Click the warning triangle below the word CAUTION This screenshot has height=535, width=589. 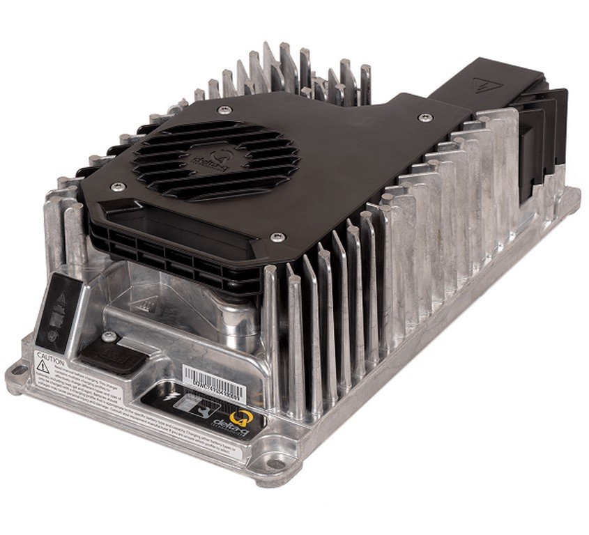click(43, 368)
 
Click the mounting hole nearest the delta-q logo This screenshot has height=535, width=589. click(276, 463)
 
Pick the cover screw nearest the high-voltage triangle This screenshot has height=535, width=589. click(424, 118)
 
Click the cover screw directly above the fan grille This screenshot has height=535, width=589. click(223, 110)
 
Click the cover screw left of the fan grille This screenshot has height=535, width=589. click(118, 186)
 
